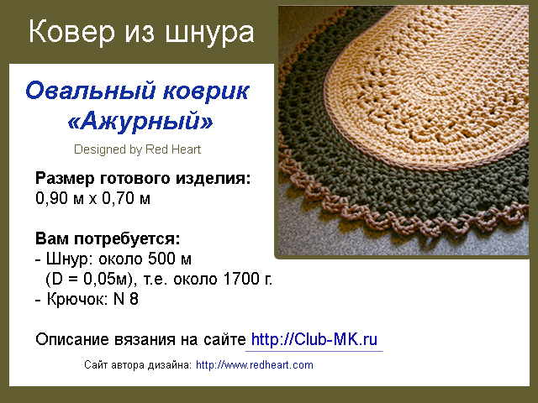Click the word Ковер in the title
tap(71, 32)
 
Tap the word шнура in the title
tap(209, 33)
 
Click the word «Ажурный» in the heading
tap(140, 122)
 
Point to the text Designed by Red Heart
tap(137, 149)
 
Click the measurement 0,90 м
tap(60, 198)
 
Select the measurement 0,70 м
tap(126, 198)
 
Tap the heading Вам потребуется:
tap(108, 238)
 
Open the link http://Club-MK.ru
tap(314, 339)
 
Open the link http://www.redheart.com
tap(255, 365)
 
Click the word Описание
tap(72, 339)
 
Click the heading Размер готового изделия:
tap(143, 179)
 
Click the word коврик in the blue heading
tap(206, 92)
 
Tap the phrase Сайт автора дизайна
tap(138, 365)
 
